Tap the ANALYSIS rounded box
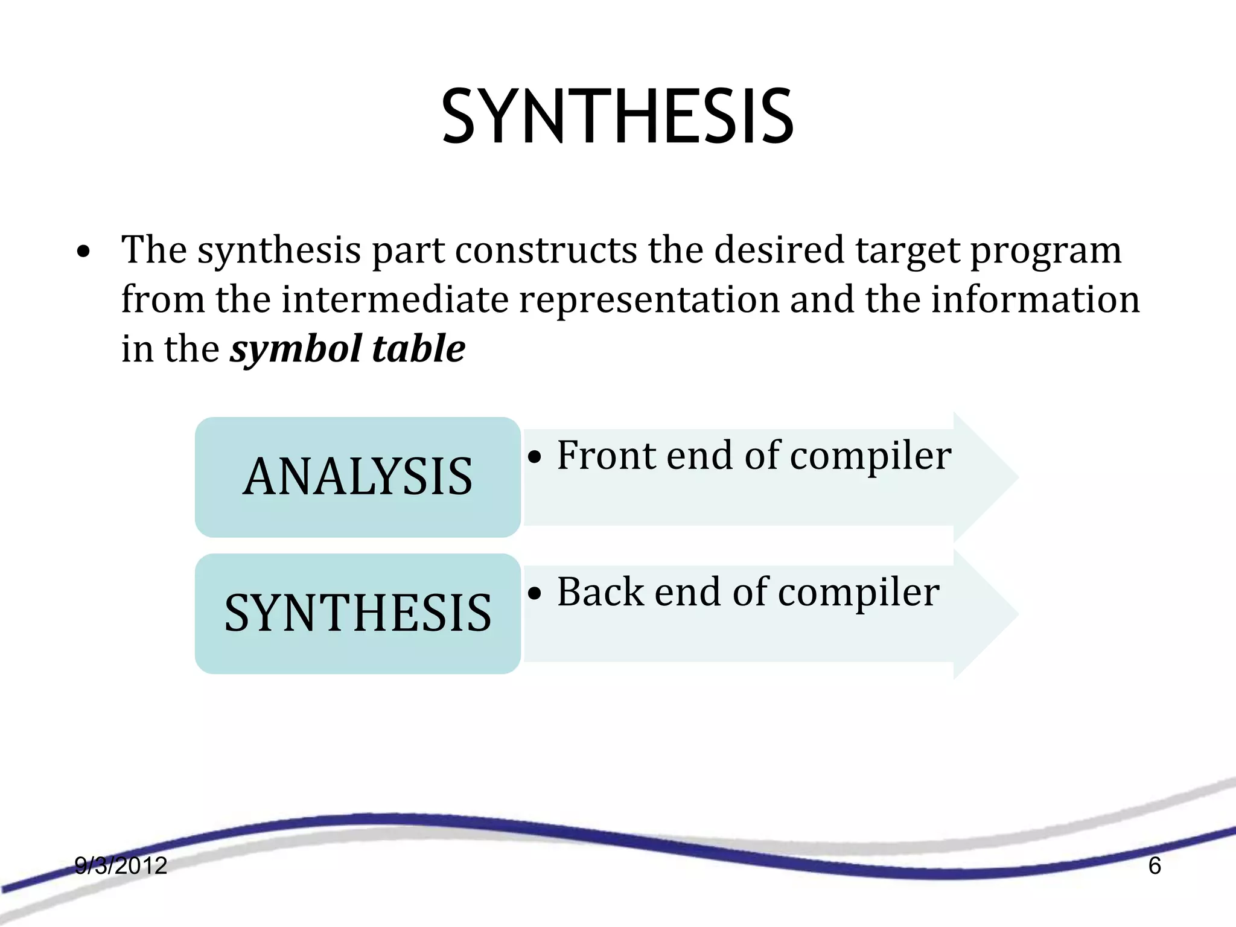point(357,477)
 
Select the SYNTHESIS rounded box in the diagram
point(357,613)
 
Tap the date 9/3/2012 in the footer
point(121,865)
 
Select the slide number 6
point(1154,865)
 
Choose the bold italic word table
point(419,349)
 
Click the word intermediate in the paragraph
point(395,299)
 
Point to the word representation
point(649,299)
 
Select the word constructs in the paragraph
point(546,250)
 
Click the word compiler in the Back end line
point(858,593)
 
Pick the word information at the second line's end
point(1034,299)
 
